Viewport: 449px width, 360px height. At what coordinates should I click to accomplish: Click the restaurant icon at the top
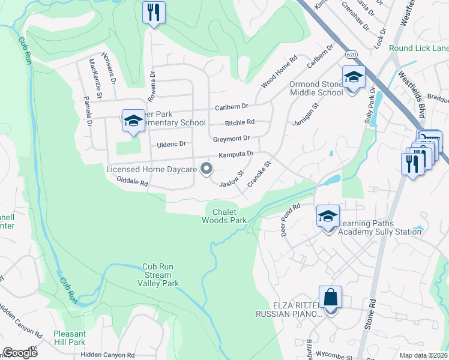coord(154,13)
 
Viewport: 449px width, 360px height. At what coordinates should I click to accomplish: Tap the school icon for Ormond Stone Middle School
coord(354,79)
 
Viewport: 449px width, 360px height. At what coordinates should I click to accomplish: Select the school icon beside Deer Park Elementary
coord(133,121)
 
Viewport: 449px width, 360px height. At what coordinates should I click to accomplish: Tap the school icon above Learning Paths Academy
coord(328,217)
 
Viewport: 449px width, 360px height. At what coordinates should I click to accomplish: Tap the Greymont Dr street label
coord(231,139)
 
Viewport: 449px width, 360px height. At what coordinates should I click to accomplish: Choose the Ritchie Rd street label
coord(240,122)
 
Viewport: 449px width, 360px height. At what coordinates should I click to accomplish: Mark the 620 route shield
coord(351,53)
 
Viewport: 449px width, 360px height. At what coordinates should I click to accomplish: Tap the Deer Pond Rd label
coord(291,220)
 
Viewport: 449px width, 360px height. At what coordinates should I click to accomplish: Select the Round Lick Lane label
coord(418,48)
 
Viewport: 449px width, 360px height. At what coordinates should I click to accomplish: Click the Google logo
coord(20,353)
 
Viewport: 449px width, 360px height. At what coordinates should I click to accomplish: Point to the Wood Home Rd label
coord(279,73)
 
